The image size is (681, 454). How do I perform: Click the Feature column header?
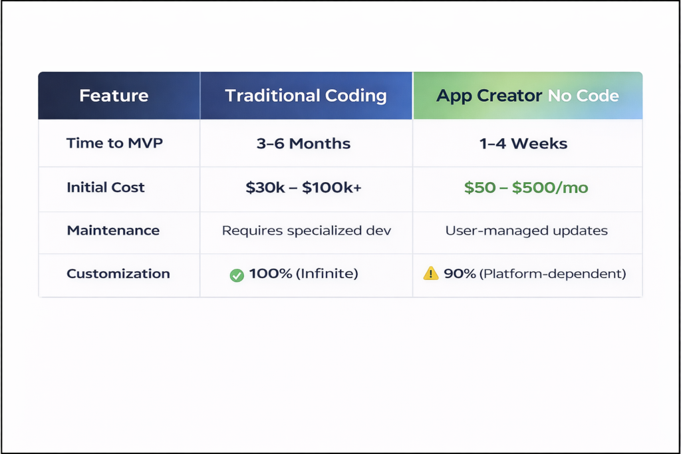point(114,96)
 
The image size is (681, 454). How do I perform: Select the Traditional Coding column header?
point(306,96)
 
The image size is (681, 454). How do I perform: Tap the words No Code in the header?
point(583,96)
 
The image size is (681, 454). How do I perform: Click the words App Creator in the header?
point(489,96)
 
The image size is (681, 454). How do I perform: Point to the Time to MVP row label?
point(114,144)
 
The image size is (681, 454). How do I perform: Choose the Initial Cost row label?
point(105,187)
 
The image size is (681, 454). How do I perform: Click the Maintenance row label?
point(113,231)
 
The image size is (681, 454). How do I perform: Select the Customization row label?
point(118,274)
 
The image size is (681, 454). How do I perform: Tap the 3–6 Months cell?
point(303,144)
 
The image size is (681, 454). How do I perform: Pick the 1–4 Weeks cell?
point(523,144)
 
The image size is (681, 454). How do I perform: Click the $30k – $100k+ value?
point(303,187)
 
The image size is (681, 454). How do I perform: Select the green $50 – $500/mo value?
point(526,187)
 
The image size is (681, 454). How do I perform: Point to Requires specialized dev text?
point(307,231)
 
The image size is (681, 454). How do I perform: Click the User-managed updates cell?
point(526,231)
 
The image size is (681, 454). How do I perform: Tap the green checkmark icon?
point(237,275)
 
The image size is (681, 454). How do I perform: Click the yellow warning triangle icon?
point(431,273)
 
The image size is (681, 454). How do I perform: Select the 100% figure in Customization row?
point(271,274)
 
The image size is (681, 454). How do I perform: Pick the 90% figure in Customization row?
point(460,274)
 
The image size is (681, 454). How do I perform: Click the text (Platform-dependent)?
point(553,274)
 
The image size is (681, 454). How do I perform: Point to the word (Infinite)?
point(327,274)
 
